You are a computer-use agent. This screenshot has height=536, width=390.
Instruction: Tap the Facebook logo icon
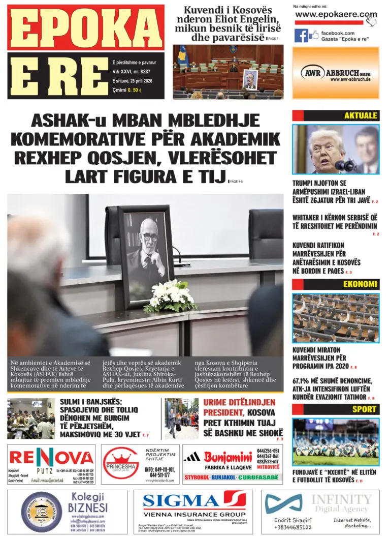click(x=301, y=36)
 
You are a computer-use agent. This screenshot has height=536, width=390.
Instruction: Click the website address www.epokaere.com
click(x=336, y=15)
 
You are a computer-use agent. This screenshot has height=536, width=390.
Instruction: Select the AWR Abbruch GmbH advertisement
click(x=336, y=73)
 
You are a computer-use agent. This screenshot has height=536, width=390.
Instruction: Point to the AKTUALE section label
click(x=360, y=115)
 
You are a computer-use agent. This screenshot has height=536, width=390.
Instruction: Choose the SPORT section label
click(x=365, y=409)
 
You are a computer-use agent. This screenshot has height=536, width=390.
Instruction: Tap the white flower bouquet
click(x=170, y=295)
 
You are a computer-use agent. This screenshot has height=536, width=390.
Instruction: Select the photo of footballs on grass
click(x=336, y=442)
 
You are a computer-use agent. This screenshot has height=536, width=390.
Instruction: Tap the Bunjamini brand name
click(x=228, y=456)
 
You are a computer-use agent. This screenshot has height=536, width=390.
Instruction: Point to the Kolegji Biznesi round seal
click(x=42, y=512)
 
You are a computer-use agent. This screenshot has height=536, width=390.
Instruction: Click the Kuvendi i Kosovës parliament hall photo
click(x=228, y=72)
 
